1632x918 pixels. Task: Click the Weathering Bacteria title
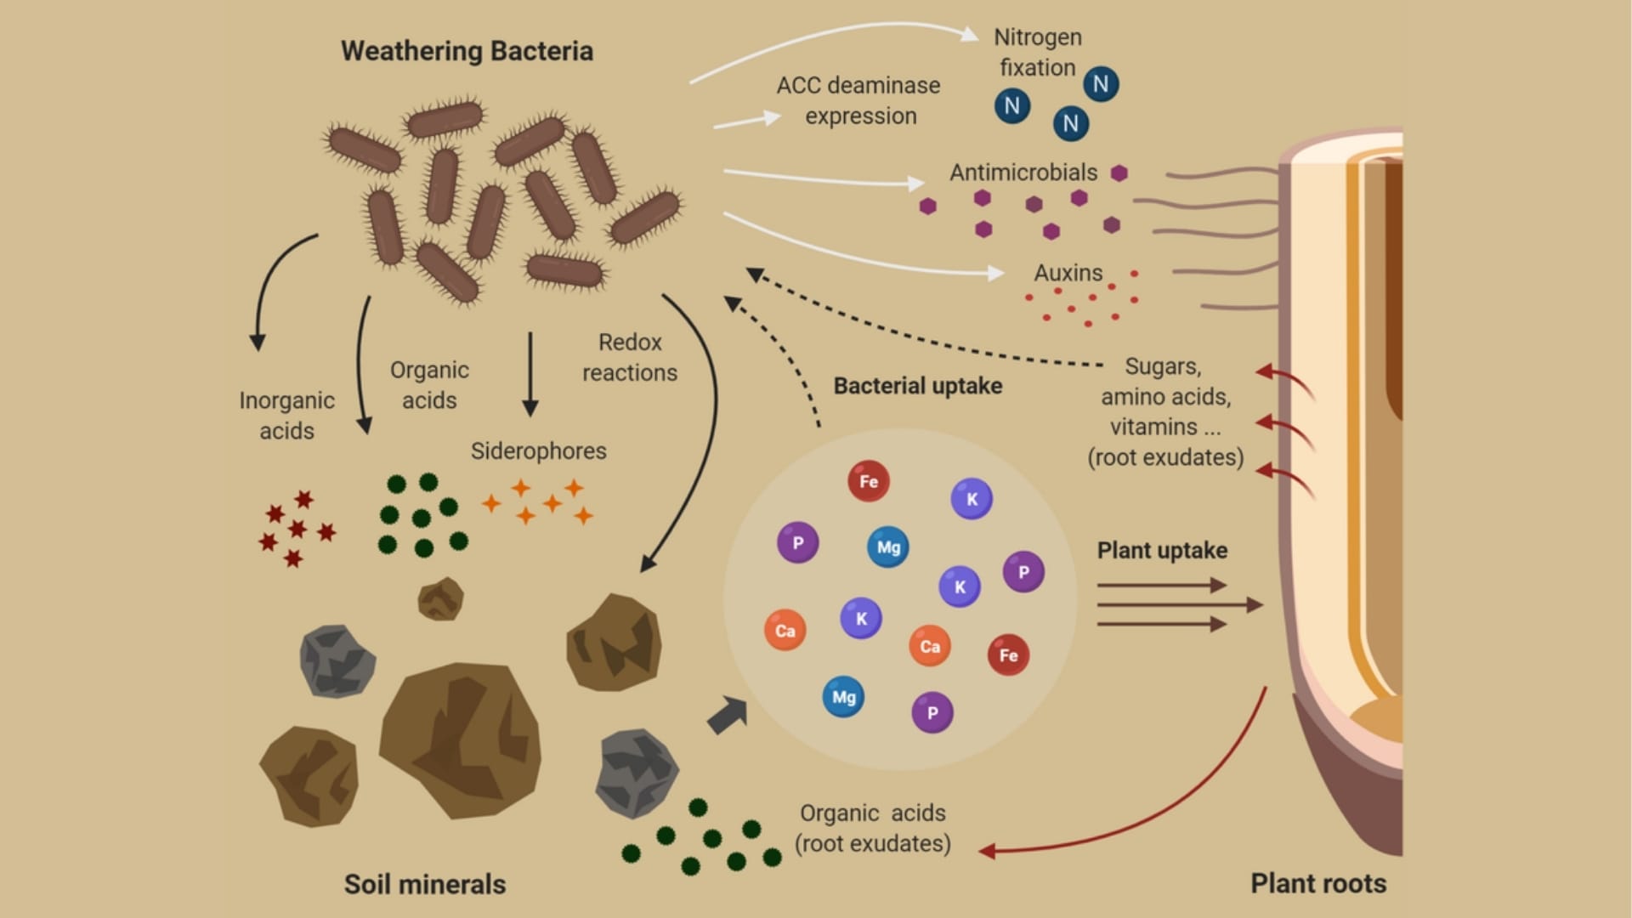467,51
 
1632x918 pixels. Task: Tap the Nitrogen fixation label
1037,52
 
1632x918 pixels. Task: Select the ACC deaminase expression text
858,100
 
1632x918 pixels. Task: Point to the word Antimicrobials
1023,173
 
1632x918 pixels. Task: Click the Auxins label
1068,273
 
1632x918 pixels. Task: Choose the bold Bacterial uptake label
917,386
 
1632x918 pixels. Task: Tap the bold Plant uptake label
1162,551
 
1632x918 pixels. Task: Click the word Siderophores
538,450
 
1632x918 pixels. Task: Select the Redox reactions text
629,357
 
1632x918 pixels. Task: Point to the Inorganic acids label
286,416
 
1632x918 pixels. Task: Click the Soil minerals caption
424,884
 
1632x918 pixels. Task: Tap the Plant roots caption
1317,883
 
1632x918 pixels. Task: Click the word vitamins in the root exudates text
1153,427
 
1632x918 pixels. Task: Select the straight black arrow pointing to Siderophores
530,374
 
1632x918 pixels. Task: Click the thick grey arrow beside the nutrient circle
727,714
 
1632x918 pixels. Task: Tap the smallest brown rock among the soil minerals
440,598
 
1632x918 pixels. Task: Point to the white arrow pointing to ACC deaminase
746,121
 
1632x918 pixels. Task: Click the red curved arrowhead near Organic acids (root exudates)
988,850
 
